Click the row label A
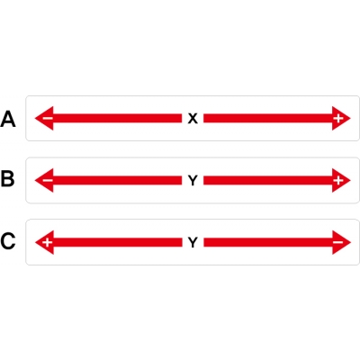[x=8, y=119]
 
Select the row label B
[x=8, y=178]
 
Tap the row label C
[x=8, y=241]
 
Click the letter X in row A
[x=193, y=119]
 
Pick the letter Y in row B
[x=193, y=181]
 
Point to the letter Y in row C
[x=193, y=242]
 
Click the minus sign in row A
[x=48, y=118]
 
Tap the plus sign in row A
[x=338, y=119]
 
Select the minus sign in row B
[x=48, y=180]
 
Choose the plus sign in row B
[x=338, y=180]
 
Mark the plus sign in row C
[x=47, y=242]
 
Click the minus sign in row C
[x=338, y=242]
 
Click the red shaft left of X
[x=117, y=118]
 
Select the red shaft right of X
[x=268, y=118]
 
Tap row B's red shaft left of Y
[x=117, y=180]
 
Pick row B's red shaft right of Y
[x=268, y=180]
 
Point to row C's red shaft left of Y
[x=118, y=242]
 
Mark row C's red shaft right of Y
[x=268, y=242]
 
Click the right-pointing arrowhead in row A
[x=341, y=118]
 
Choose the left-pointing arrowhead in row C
[x=44, y=242]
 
